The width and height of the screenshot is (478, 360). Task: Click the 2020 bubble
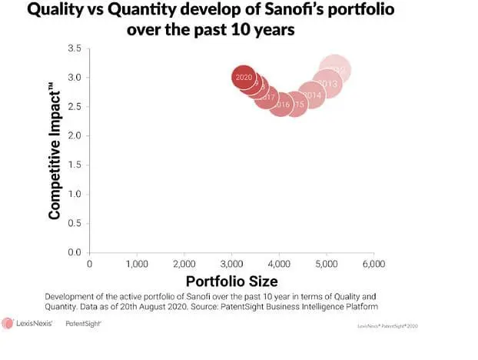[x=244, y=77]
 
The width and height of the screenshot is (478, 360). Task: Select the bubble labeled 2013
[x=327, y=83]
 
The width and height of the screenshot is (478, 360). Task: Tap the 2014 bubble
[x=311, y=95]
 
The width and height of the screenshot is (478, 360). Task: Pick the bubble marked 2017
[x=267, y=97]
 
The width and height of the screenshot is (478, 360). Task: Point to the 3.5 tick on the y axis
[x=75, y=48]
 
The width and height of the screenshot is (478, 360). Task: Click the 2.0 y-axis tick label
[x=75, y=136]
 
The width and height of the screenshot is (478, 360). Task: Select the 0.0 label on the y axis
[x=75, y=252]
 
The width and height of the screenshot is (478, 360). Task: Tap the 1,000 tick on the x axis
[x=137, y=264]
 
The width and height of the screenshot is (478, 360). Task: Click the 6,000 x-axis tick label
[x=373, y=264]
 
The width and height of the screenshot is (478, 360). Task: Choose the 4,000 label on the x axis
[x=278, y=264]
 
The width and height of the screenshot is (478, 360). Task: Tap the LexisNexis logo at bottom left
[x=28, y=324]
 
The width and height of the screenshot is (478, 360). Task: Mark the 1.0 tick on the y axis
[x=75, y=194]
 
